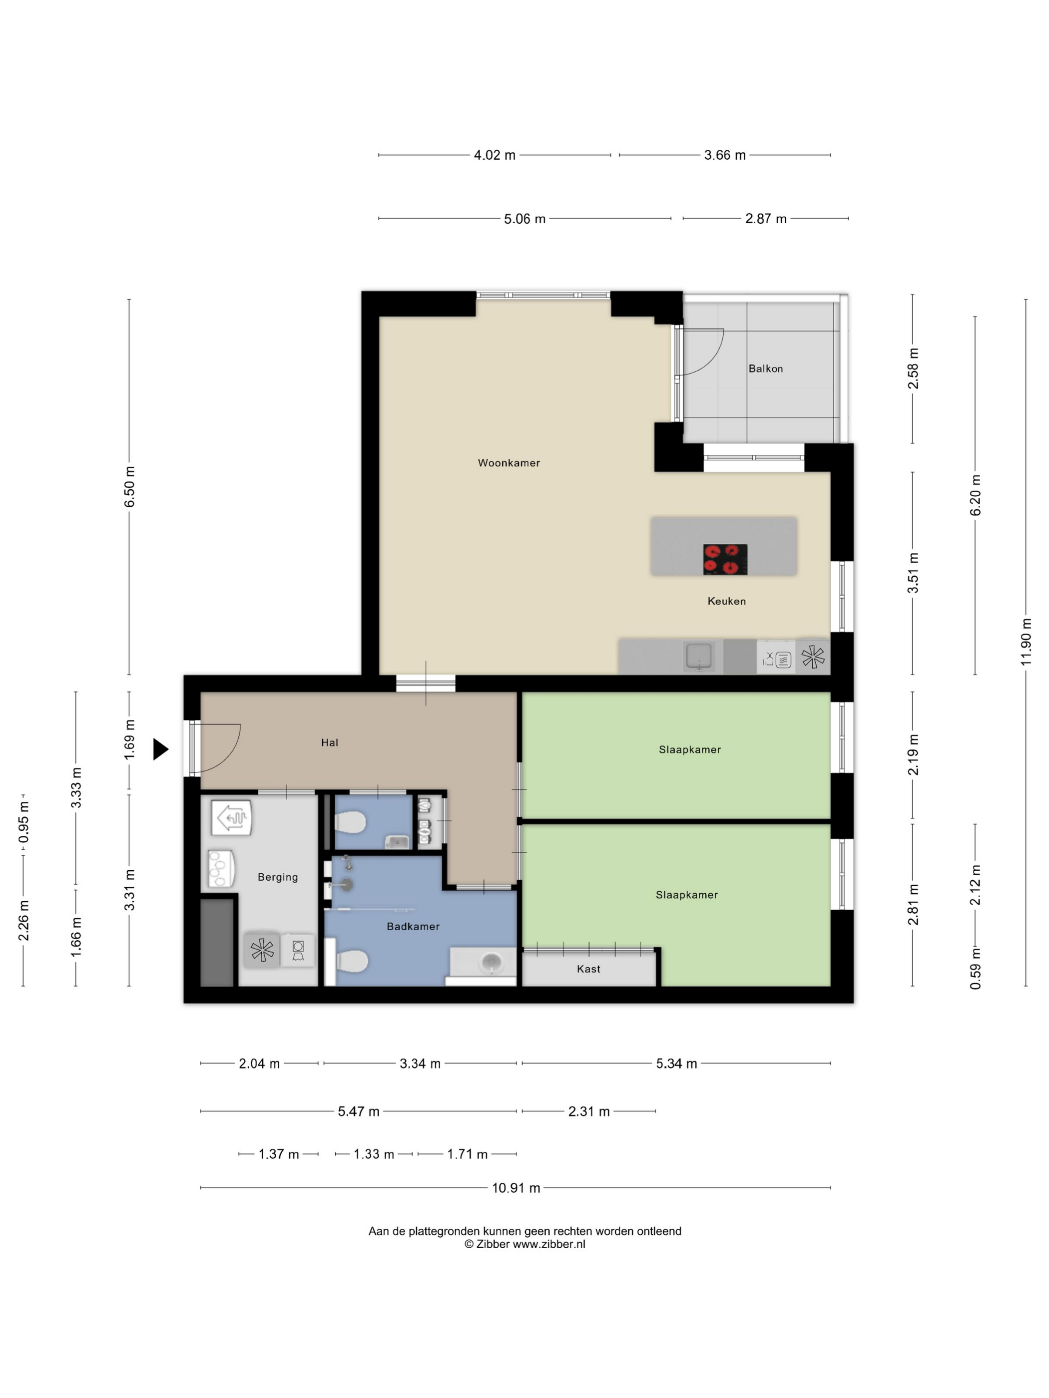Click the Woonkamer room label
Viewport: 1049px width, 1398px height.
pyautogui.click(x=509, y=463)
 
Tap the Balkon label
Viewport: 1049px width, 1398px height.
pyautogui.click(x=765, y=368)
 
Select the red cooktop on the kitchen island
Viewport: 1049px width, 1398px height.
pyautogui.click(x=725, y=559)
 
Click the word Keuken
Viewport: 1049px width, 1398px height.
pyautogui.click(x=726, y=601)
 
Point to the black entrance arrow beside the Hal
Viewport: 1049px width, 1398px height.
pyautogui.click(x=161, y=749)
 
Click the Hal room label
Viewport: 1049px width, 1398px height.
pyautogui.click(x=329, y=742)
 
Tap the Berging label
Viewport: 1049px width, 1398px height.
pyautogui.click(x=278, y=877)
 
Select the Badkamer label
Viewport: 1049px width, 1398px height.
pyautogui.click(x=413, y=927)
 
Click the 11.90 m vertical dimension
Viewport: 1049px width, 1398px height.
pyautogui.click(x=1026, y=642)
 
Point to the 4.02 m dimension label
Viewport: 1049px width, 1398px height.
pyautogui.click(x=495, y=155)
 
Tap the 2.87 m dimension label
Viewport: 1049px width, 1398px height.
pyautogui.click(x=766, y=219)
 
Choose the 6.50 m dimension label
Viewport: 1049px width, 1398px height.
pyautogui.click(x=129, y=487)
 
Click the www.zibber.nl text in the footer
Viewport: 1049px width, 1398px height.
pyautogui.click(x=549, y=1244)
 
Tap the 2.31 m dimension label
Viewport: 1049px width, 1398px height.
pyautogui.click(x=588, y=1111)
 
